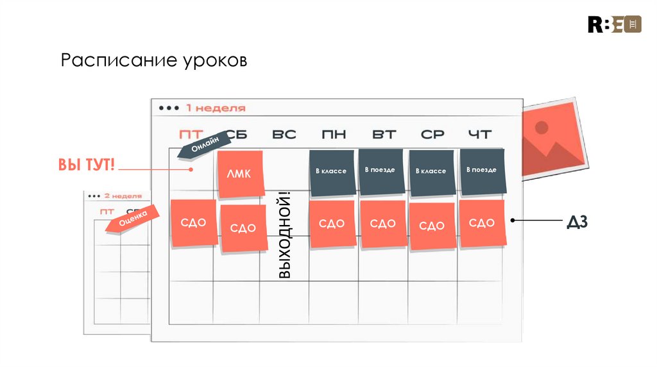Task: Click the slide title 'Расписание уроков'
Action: [154, 62]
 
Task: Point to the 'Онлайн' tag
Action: [202, 144]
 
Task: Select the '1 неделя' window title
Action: [216, 108]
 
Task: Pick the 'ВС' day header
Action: [284, 135]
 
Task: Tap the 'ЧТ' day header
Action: [480, 135]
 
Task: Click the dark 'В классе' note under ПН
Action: [331, 172]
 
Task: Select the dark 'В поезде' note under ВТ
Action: [380, 171]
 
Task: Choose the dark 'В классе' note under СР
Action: [431, 172]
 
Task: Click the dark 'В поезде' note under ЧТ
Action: [482, 171]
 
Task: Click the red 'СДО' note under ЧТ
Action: [482, 222]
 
